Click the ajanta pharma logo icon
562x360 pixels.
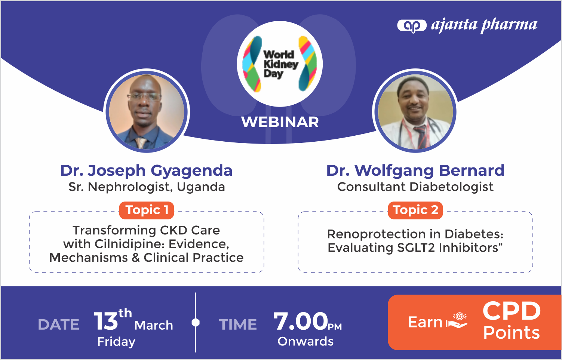(x=412, y=25)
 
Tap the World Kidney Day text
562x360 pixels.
(x=281, y=64)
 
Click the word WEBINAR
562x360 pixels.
(x=280, y=122)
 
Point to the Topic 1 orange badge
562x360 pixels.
(x=147, y=210)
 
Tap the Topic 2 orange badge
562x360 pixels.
(x=415, y=210)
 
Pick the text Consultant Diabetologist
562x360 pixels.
(x=415, y=187)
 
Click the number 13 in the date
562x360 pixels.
(x=105, y=321)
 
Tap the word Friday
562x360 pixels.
(x=116, y=342)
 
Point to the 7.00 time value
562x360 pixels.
(x=301, y=321)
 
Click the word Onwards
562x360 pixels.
(x=305, y=341)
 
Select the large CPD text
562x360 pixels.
(x=512, y=311)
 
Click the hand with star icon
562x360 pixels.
(x=457, y=321)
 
